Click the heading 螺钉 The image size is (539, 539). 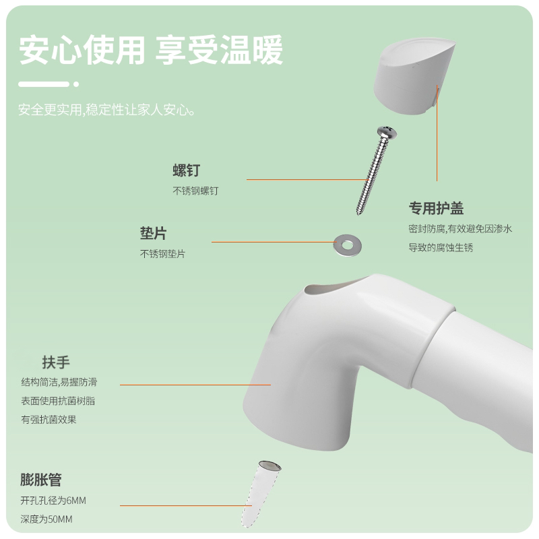tap(187, 170)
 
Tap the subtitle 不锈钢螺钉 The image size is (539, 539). tap(195, 191)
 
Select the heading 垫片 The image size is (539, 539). tap(154, 233)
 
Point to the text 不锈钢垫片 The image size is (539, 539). tap(162, 254)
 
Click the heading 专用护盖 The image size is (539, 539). tap(436, 208)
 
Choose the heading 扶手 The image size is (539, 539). tap(56, 362)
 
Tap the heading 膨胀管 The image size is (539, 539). tap(41, 480)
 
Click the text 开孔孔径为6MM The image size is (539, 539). tap(53, 500)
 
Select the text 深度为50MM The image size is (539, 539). tap(46, 519)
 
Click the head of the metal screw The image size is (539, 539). tap(387, 132)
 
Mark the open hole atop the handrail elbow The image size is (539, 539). tap(334, 288)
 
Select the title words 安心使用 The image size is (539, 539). tap(82, 50)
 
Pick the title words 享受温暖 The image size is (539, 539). tap(220, 50)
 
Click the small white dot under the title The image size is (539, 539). tap(76, 84)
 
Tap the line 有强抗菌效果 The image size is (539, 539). tap(49, 419)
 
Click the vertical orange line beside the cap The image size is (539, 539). tap(437, 133)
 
